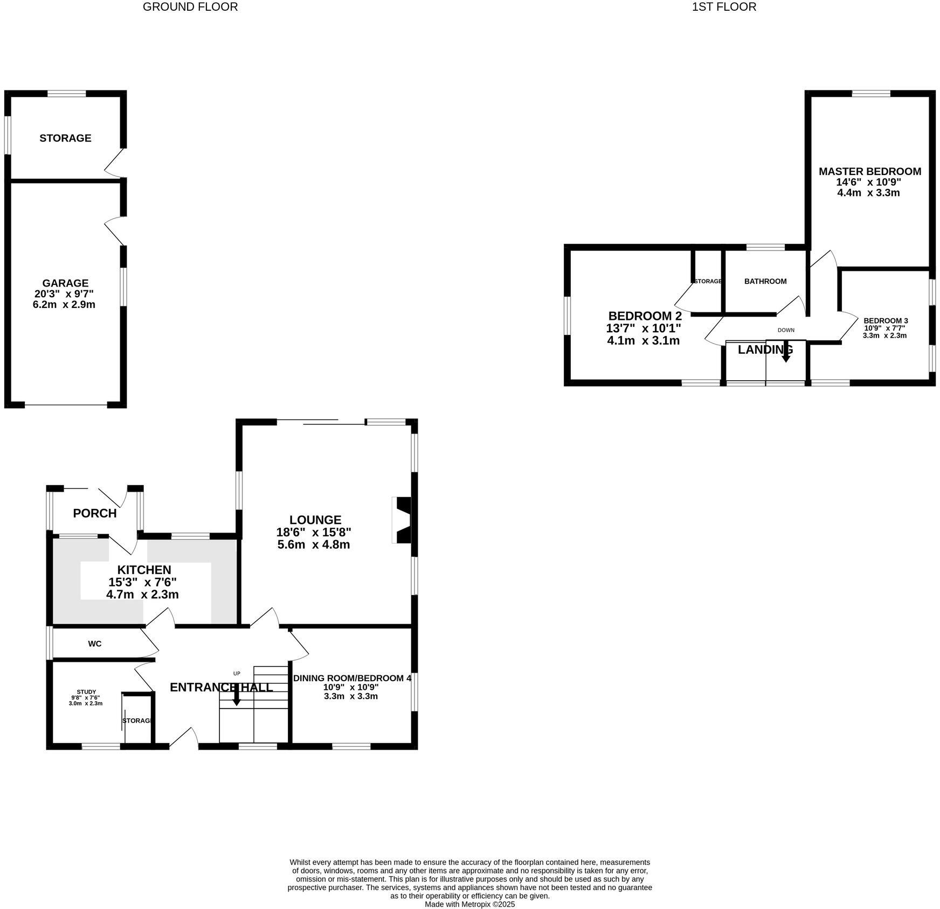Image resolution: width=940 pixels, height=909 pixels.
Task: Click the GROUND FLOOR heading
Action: click(x=190, y=7)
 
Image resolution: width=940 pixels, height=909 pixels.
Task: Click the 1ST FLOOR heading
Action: click(x=723, y=7)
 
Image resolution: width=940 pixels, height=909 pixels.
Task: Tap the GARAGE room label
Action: click(x=65, y=283)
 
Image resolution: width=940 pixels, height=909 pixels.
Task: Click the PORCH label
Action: click(x=95, y=513)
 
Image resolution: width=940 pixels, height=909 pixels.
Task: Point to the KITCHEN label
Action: click(x=144, y=570)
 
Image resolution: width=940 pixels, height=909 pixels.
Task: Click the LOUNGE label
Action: click(x=315, y=520)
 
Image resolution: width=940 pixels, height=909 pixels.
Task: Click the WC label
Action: click(x=95, y=644)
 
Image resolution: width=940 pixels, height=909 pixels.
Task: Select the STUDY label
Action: click(x=86, y=692)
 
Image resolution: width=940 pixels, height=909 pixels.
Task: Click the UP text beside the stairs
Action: click(x=237, y=673)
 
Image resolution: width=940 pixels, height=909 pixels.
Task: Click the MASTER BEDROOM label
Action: click(x=869, y=172)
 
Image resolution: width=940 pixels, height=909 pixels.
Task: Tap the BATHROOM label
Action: click(x=765, y=281)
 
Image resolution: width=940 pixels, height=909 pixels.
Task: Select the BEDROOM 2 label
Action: click(x=645, y=316)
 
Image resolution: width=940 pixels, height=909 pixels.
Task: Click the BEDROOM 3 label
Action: click(x=885, y=320)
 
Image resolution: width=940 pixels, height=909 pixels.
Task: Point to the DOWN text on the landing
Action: click(x=785, y=330)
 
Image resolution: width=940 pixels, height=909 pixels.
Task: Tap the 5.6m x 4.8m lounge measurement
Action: click(x=314, y=544)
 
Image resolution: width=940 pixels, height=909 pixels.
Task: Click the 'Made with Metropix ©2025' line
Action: click(x=469, y=904)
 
